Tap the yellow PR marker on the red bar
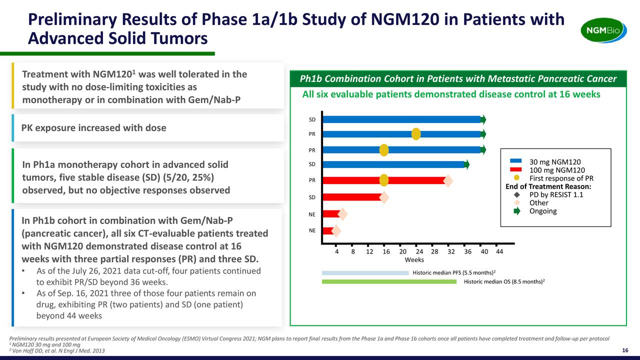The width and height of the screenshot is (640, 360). tap(384, 180)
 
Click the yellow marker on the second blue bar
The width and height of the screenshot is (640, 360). tap(416, 134)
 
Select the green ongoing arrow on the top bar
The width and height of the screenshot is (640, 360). tap(483, 119)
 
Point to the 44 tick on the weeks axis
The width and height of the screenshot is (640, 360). tap(499, 251)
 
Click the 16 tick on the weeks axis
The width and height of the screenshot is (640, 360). tap(386, 251)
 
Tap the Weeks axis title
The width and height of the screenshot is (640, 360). tap(414, 260)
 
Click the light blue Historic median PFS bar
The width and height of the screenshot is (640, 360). tap(365, 273)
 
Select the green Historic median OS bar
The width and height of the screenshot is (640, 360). tap(389, 281)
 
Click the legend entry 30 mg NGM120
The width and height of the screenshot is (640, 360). tap(555, 161)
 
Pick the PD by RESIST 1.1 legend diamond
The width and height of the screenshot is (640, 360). tap(517, 195)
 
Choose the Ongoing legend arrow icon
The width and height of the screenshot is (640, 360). tap(517, 211)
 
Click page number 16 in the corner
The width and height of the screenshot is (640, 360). tap(624, 350)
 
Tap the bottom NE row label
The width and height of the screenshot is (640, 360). tap(312, 230)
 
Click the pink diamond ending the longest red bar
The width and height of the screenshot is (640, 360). tap(448, 180)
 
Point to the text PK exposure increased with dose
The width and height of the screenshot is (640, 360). tap(94, 127)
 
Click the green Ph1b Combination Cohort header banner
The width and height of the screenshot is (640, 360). tap(457, 79)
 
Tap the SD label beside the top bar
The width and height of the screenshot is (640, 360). tap(312, 119)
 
